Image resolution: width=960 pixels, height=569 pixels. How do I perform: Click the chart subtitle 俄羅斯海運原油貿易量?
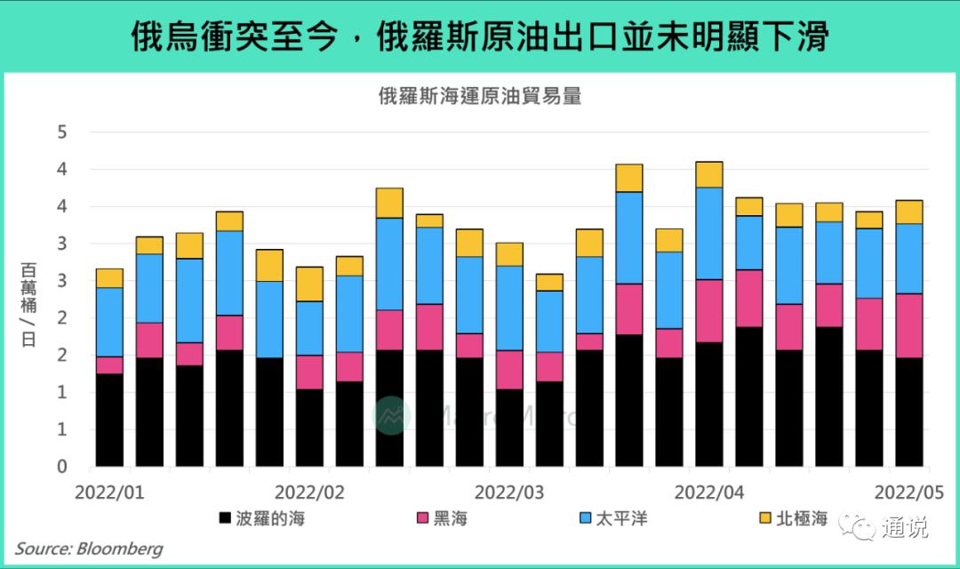[479, 97]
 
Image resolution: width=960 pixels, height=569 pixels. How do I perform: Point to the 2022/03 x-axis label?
[509, 492]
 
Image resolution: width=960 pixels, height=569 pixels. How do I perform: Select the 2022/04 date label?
[709, 492]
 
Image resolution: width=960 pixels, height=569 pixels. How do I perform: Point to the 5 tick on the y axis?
[62, 132]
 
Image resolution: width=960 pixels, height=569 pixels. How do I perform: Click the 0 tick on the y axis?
[62, 467]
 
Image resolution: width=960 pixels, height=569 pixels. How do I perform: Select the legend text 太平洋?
[621, 518]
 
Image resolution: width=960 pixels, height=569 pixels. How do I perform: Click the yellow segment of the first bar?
[109, 278]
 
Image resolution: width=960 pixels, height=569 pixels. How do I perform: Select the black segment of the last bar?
[908, 412]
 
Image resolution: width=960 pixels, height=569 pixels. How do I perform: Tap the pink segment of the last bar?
[908, 325]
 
